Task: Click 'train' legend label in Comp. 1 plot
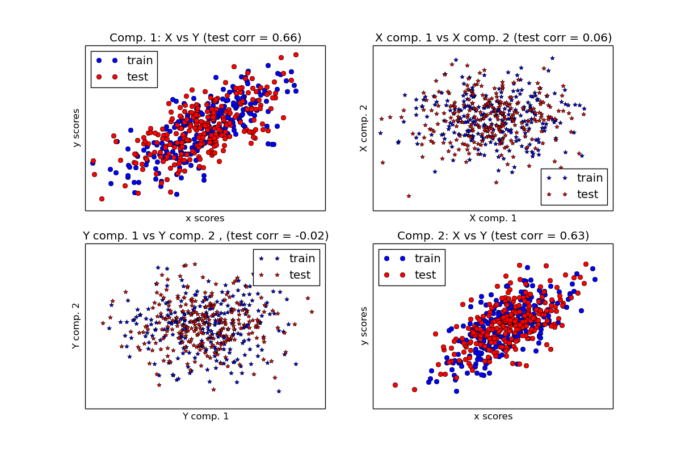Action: [140, 61]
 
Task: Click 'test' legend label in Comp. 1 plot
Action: [137, 77]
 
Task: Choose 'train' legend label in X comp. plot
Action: [590, 178]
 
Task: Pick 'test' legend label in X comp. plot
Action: [587, 194]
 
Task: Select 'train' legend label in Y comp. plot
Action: [302, 259]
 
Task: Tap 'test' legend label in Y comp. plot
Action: [300, 275]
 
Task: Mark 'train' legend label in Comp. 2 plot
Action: [427, 259]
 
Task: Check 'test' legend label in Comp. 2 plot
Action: [425, 275]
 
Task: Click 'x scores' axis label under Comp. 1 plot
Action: [205, 218]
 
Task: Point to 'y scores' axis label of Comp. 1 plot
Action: [76, 128]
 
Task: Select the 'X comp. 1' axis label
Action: [493, 218]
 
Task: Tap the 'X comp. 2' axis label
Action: [364, 128]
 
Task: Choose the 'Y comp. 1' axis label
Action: [205, 417]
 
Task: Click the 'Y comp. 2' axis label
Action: [76, 326]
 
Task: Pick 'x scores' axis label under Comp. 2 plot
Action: [493, 417]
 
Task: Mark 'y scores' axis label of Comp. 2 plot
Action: [364, 326]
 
